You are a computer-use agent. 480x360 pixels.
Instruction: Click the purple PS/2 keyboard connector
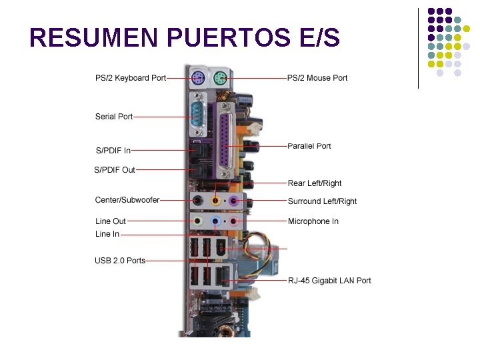[x=197, y=79]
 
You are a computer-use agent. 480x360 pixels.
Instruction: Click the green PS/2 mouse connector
[x=221, y=79]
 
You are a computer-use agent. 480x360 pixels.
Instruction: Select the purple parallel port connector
[x=226, y=139]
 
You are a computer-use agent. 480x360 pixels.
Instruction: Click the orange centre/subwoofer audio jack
[x=216, y=199]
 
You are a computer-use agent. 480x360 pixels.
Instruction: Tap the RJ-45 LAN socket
[x=221, y=275]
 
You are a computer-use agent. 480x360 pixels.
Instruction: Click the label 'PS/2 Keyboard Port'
[x=131, y=78]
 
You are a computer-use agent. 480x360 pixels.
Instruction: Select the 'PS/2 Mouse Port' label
[x=317, y=78]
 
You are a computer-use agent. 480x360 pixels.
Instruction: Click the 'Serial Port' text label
[x=114, y=117]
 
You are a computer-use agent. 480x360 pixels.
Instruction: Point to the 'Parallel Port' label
[x=309, y=146]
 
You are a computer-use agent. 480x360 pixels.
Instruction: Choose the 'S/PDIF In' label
[x=113, y=151]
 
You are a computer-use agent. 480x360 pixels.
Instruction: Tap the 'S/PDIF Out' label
[x=115, y=170]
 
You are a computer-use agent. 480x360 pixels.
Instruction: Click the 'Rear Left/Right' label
[x=315, y=183]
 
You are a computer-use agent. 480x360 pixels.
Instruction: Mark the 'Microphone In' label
[x=313, y=221]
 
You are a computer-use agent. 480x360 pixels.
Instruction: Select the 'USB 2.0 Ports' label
[x=120, y=261]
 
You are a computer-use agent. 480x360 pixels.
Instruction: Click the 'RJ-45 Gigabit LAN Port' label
[x=329, y=281]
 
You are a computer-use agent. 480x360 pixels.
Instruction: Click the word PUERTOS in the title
[x=229, y=38]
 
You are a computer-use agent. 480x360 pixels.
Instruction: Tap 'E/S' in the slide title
[x=320, y=38]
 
